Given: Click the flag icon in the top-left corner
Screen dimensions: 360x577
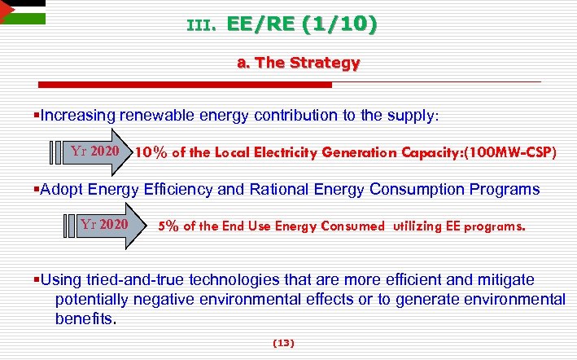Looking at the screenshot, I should click(23, 13).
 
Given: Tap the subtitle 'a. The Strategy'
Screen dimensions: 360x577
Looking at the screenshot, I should click(297, 62).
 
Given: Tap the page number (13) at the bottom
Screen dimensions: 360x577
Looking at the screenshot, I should click(283, 344).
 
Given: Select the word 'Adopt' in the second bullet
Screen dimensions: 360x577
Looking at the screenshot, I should click(63, 189).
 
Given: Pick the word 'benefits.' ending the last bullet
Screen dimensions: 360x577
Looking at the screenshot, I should click(86, 318).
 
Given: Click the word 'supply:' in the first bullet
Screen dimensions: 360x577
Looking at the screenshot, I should click(414, 116).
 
